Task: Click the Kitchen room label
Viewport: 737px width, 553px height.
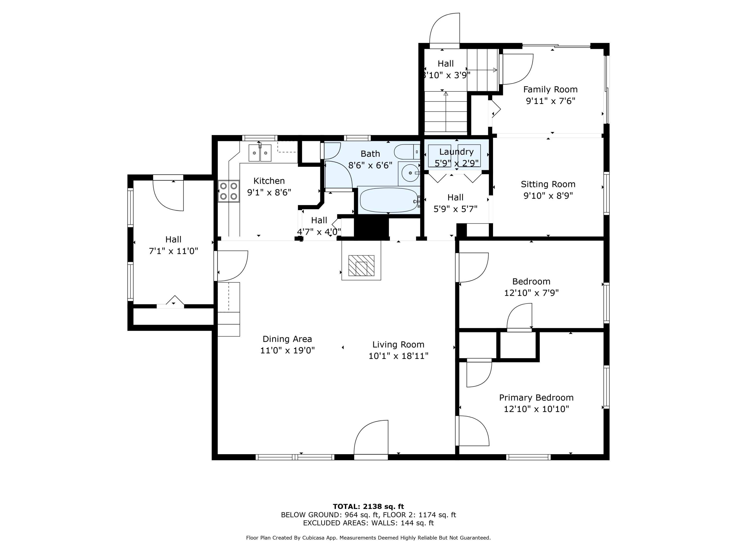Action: click(269, 181)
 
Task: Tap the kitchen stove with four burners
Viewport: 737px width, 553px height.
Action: click(228, 191)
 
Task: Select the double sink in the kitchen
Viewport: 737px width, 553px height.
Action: click(260, 153)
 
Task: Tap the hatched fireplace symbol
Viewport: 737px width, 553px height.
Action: click(361, 265)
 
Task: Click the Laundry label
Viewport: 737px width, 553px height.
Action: click(456, 152)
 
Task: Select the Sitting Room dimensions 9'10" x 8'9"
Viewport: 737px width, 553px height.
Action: click(548, 196)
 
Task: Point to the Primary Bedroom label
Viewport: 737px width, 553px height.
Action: click(536, 398)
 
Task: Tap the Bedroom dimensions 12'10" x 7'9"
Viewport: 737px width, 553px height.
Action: click(531, 293)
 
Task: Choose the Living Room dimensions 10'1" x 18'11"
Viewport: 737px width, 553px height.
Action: click(398, 356)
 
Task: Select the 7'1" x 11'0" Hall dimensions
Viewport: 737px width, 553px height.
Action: click(173, 251)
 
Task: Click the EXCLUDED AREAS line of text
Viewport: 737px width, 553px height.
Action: click(368, 523)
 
